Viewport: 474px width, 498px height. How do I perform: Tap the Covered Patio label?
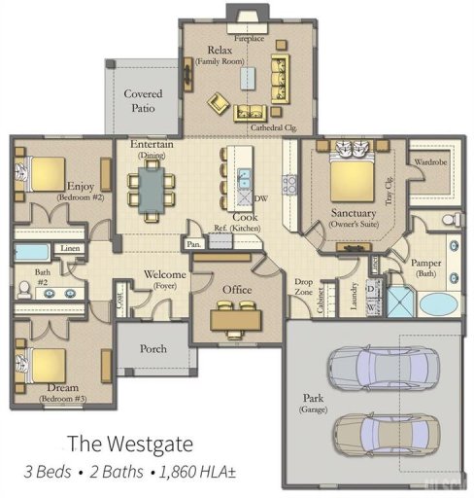coord(143,101)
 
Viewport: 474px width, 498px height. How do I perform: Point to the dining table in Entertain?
coord(152,189)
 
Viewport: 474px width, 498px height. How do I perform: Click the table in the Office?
coord(237,315)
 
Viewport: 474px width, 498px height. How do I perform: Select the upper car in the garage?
coord(373,370)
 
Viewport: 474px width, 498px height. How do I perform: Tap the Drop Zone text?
coord(305,287)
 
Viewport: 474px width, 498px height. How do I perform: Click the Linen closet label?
coord(70,249)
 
